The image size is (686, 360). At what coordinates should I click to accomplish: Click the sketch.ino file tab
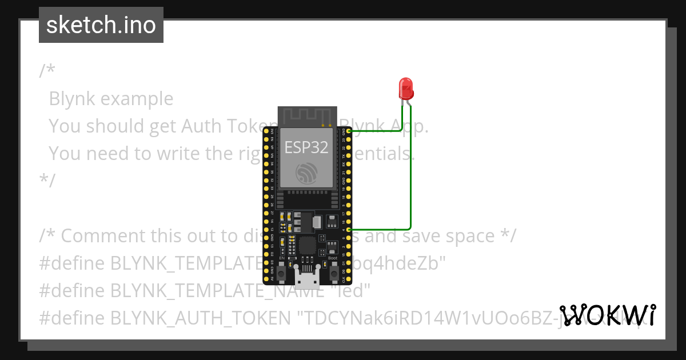click(x=101, y=25)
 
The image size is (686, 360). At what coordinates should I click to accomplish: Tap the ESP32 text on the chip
click(x=307, y=147)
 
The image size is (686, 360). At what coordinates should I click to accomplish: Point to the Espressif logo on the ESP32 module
click(x=307, y=173)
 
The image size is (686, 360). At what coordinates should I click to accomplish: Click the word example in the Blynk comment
click(x=137, y=99)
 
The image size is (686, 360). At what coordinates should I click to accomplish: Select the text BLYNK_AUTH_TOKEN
click(x=200, y=318)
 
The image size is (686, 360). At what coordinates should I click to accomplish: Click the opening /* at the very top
click(x=47, y=71)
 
